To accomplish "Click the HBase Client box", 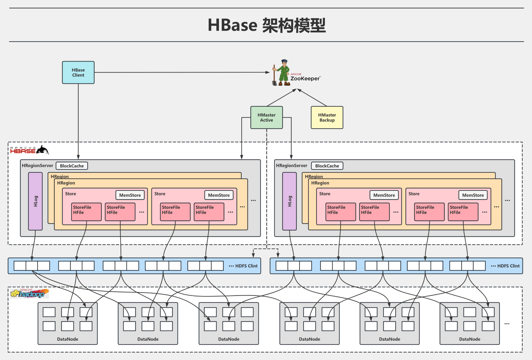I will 78,73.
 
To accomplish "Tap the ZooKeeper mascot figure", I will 282,73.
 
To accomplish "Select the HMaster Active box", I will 267,118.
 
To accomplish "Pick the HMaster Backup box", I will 327,118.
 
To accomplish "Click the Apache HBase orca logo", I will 42,150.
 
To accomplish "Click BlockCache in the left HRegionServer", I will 72,166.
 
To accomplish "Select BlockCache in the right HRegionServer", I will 327,166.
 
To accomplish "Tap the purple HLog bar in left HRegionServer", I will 35,201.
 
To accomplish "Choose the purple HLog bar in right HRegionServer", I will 289,201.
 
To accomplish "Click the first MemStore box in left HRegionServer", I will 130,195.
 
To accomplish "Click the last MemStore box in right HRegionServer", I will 473,195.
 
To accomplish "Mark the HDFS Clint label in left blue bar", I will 246,266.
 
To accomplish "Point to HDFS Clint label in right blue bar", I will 508,266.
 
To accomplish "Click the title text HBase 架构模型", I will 267,25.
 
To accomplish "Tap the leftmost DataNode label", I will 67,339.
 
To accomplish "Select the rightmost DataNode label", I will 470,339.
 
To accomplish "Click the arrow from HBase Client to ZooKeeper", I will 180,72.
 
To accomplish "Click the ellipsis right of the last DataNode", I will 507,324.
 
